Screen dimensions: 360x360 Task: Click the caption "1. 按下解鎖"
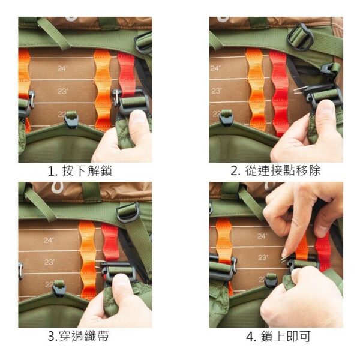pyautogui.click(x=80, y=171)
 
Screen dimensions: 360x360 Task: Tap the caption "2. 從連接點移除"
pyautogui.click(x=275, y=171)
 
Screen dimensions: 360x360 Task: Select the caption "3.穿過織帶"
pyautogui.click(x=78, y=337)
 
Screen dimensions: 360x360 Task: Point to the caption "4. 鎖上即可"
pyautogui.click(x=278, y=337)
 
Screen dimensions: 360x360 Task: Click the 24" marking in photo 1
pyautogui.click(x=62, y=68)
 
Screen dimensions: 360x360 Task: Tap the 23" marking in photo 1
pyautogui.click(x=62, y=91)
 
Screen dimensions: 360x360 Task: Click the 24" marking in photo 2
pyautogui.click(x=215, y=68)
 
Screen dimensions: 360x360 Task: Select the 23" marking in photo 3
pyautogui.click(x=49, y=262)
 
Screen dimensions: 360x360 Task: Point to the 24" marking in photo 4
pyautogui.click(x=262, y=236)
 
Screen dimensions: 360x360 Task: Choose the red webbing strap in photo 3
pyautogui.click(x=110, y=242)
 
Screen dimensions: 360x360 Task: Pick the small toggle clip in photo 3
pyautogui.click(x=59, y=289)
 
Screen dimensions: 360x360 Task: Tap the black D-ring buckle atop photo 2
pyautogui.click(x=301, y=37)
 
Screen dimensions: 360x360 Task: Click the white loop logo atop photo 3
pyautogui.click(x=56, y=188)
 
